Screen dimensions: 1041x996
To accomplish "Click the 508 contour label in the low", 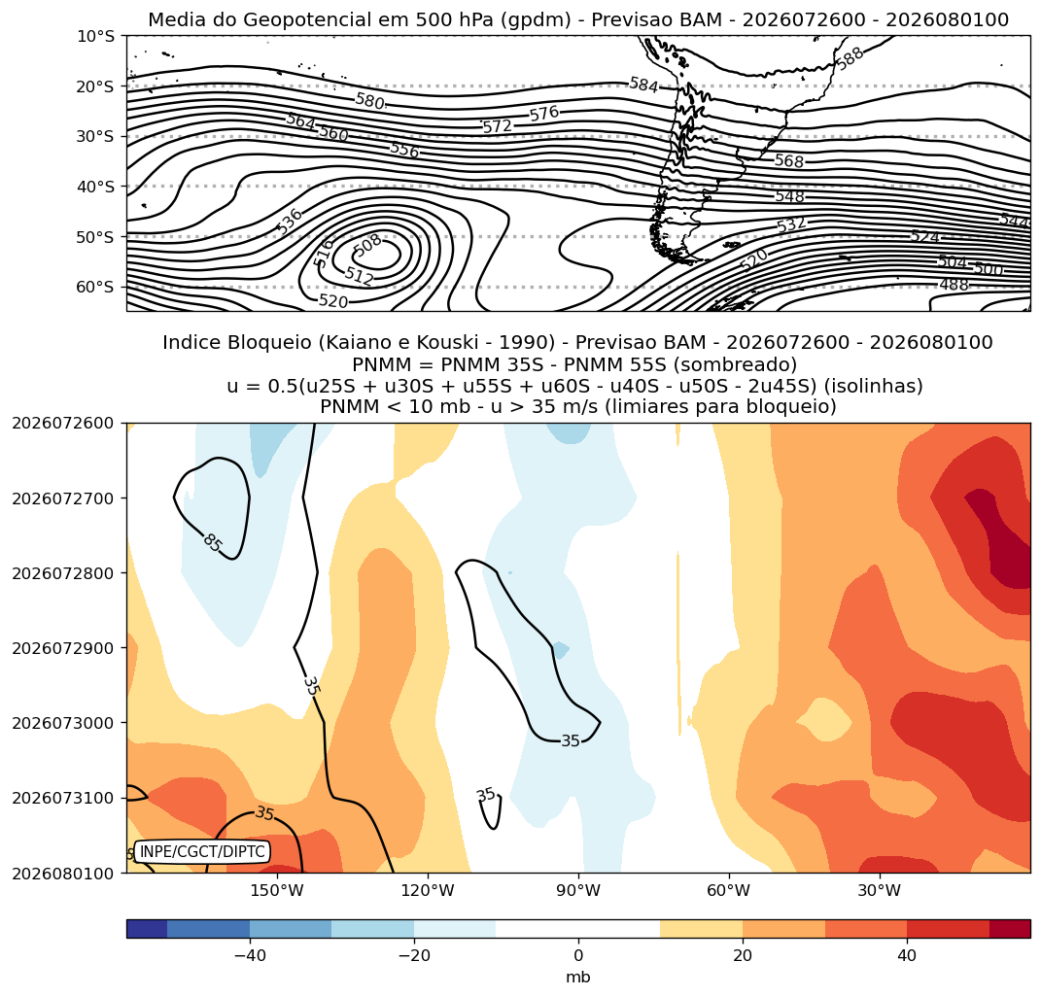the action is click(367, 246).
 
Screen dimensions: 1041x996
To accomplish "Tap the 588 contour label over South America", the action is click(850, 58).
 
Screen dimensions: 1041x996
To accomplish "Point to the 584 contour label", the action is click(643, 85).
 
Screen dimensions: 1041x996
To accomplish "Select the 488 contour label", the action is click(954, 286).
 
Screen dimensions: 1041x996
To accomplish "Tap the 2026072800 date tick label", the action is click(63, 572).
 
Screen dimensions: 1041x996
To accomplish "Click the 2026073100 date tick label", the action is click(63, 798).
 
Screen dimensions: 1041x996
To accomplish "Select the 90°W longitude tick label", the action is click(578, 890).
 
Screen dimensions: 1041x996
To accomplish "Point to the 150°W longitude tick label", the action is click(277, 890).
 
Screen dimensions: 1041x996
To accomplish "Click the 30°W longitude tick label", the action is click(879, 890).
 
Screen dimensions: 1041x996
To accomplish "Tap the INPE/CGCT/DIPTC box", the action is click(202, 851).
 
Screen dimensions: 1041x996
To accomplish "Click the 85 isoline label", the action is click(213, 543).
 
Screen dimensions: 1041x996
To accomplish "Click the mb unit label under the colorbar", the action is click(578, 978).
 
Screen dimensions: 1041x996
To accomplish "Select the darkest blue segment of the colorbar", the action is click(147, 928).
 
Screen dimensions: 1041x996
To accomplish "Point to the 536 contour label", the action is click(290, 222).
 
